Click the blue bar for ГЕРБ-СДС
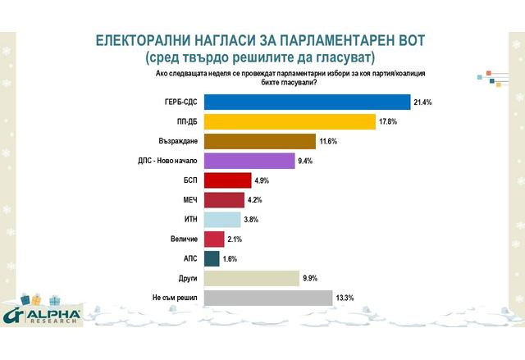[306, 102]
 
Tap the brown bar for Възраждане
[259, 141]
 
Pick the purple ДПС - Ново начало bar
[249, 161]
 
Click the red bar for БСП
[227, 180]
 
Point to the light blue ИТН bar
[221, 220]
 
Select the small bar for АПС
[211, 259]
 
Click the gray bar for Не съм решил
[267, 298]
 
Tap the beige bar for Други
[251, 278]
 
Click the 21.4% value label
[423, 102]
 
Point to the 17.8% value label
[388, 121]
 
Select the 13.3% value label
[345, 298]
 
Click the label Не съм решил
[173, 298]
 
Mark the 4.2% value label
[255, 200]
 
